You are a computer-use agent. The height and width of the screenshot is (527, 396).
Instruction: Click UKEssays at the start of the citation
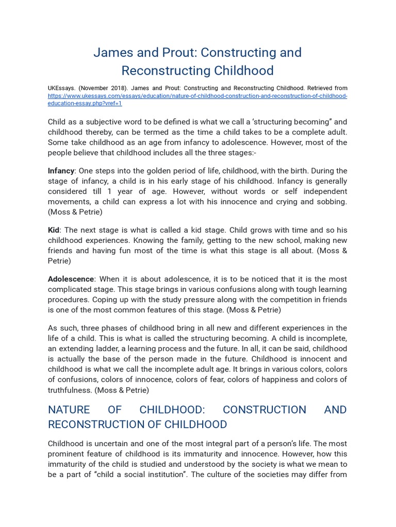[61, 88]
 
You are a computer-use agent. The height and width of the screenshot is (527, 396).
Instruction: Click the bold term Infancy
[61, 171]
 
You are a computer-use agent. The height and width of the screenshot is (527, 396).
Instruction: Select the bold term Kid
[54, 230]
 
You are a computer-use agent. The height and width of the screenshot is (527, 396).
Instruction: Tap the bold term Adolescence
[71, 279]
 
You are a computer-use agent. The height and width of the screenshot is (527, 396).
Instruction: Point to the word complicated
[72, 289]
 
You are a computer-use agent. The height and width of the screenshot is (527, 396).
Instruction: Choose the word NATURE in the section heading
[69, 410]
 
